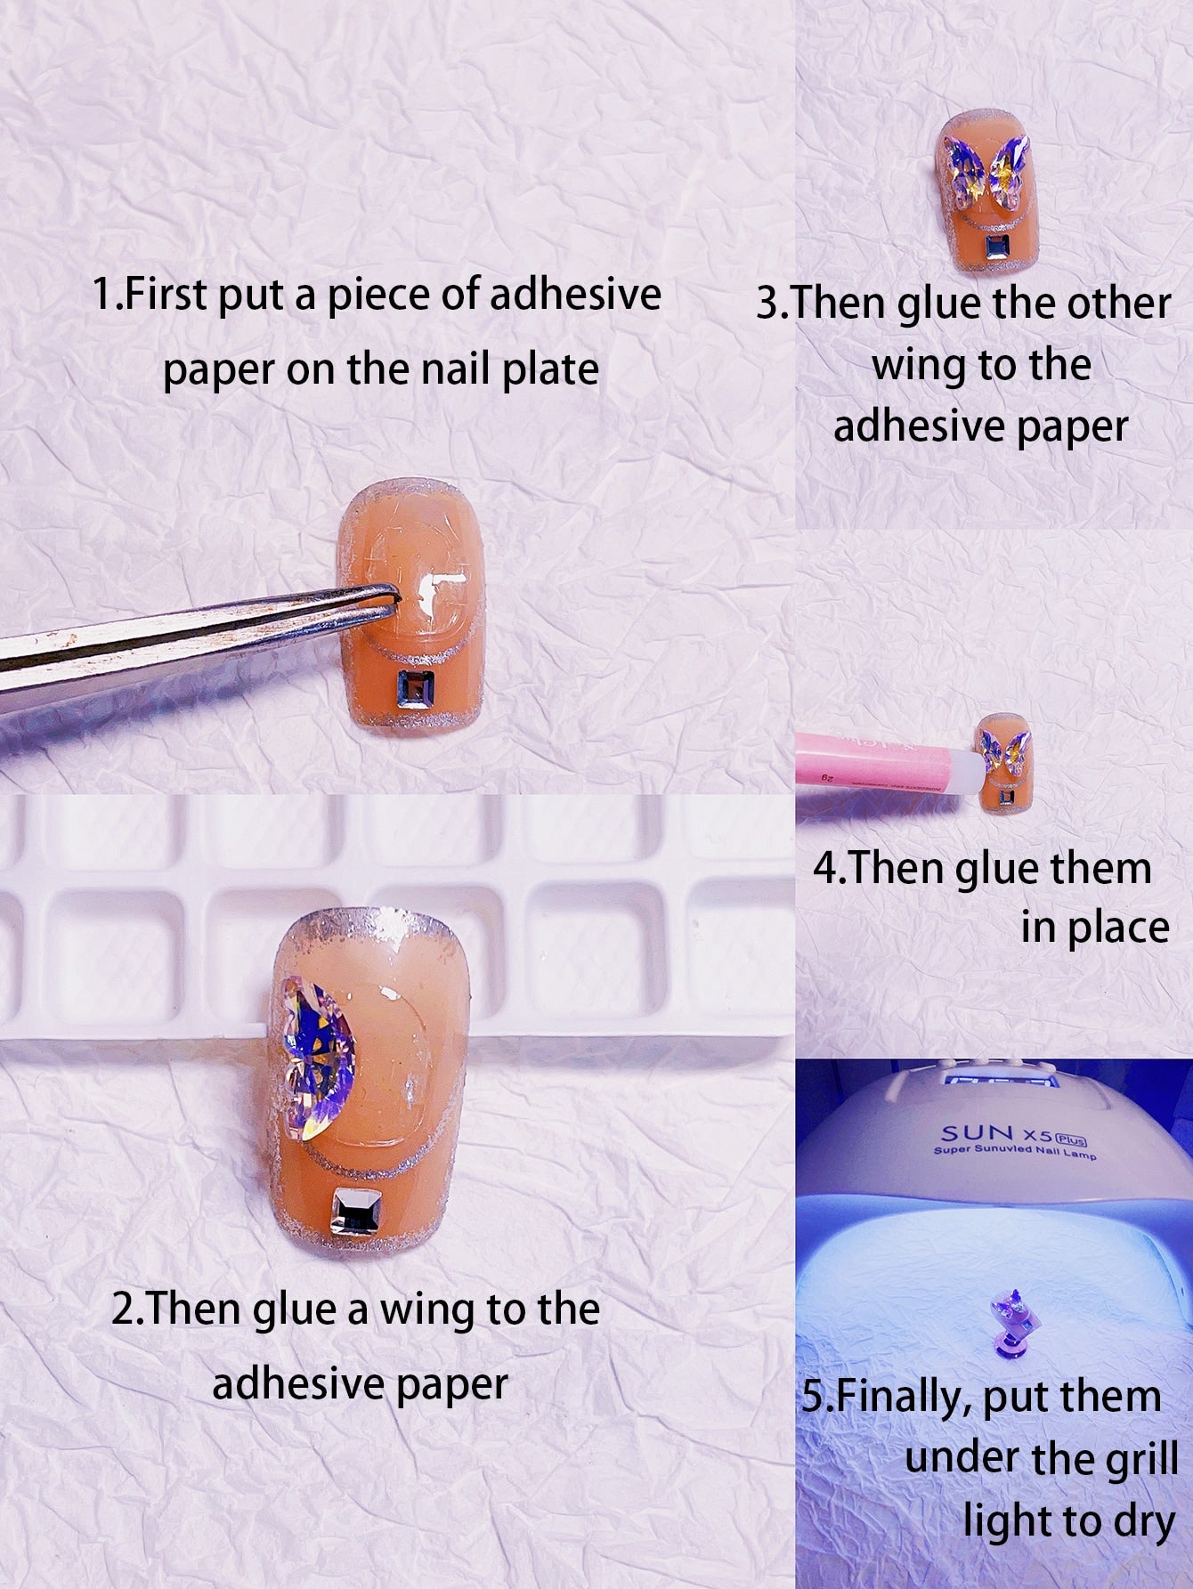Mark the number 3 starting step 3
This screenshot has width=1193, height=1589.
[767, 305]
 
